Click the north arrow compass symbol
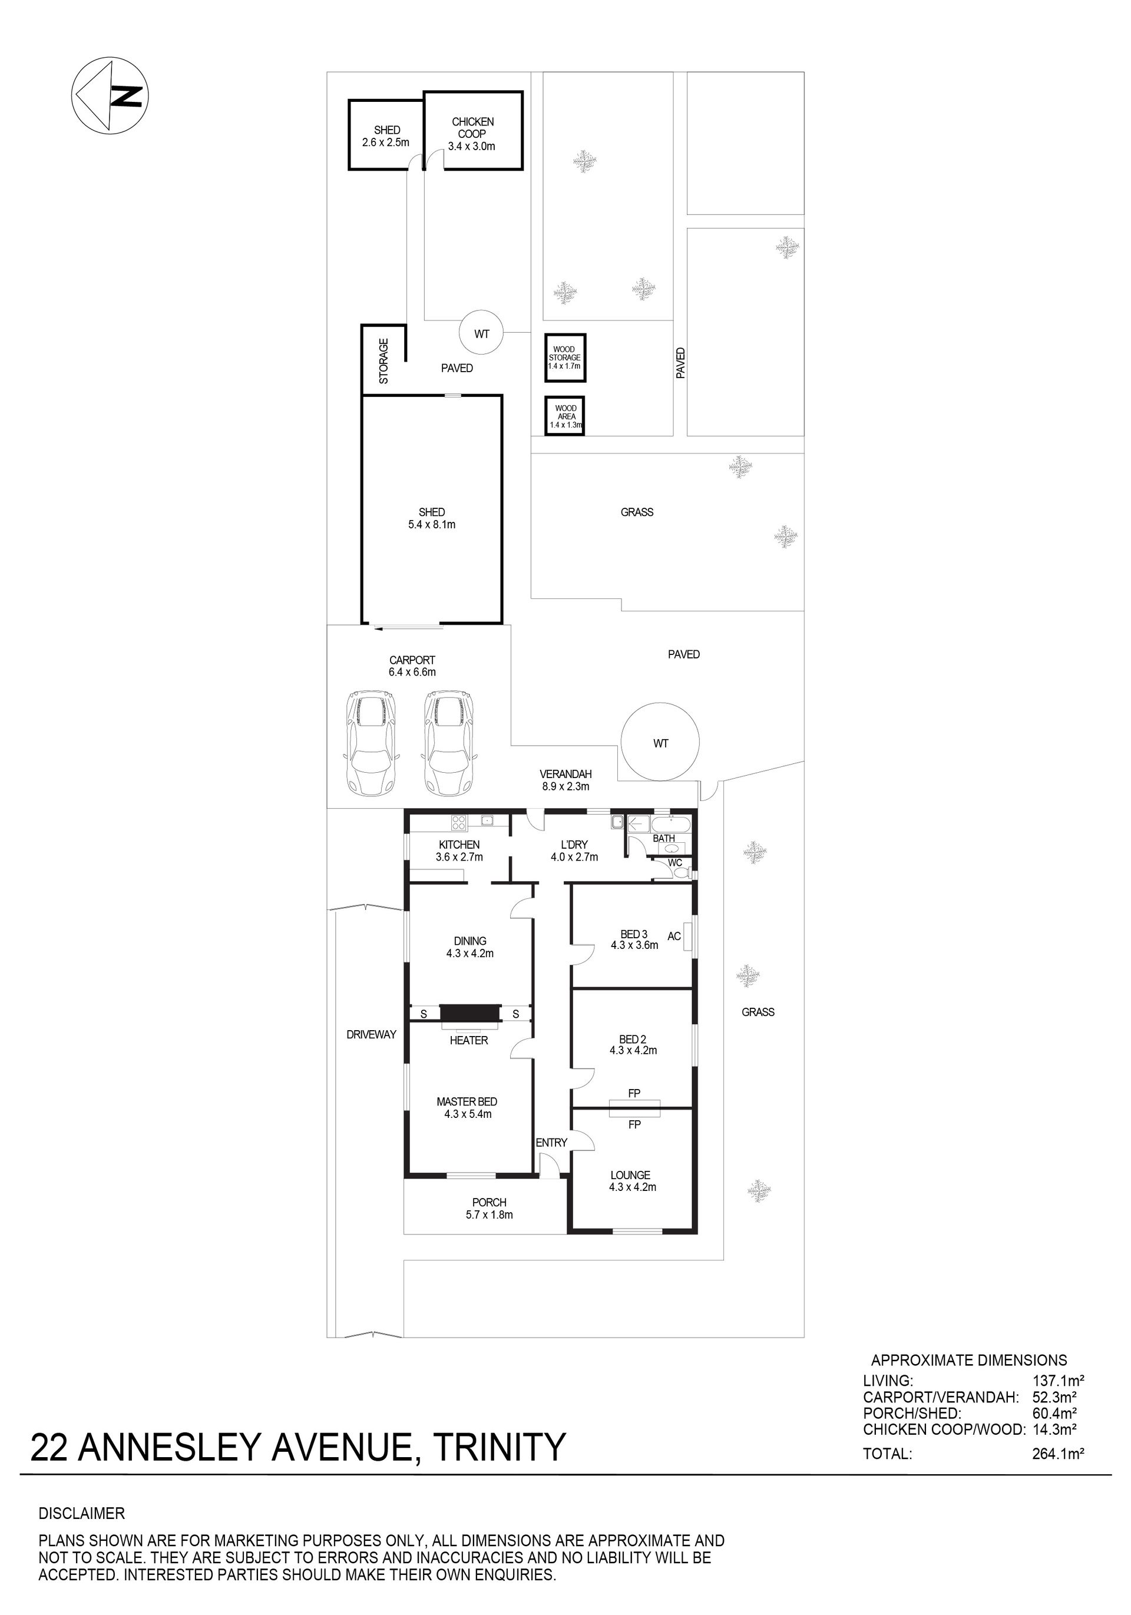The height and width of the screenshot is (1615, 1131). [110, 95]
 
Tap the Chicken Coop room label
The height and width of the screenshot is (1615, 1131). [472, 134]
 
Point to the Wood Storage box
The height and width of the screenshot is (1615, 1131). [565, 358]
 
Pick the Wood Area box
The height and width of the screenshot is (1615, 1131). [565, 416]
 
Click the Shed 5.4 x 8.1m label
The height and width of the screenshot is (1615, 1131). [432, 518]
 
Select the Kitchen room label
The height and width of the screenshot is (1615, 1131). [459, 850]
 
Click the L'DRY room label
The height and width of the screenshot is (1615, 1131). [574, 850]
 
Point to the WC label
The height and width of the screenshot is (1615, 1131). [675, 863]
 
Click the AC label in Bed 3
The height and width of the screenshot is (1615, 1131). [674, 936]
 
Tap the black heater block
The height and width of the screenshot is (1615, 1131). [469, 1013]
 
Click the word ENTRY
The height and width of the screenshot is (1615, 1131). [551, 1142]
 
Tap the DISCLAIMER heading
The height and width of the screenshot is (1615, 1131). [82, 1514]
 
